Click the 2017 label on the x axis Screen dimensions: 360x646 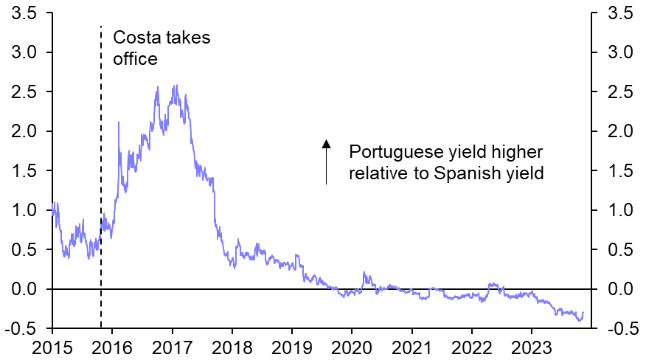[x=173, y=347]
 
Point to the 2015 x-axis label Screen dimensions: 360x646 [x=53, y=347]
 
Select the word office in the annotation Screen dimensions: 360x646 [x=135, y=59]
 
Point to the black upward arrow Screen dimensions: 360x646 [x=326, y=161]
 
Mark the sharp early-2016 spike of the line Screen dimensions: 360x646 [x=119, y=122]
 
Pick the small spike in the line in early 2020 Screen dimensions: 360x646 [x=364, y=272]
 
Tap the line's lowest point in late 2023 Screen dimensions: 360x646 [x=579, y=320]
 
